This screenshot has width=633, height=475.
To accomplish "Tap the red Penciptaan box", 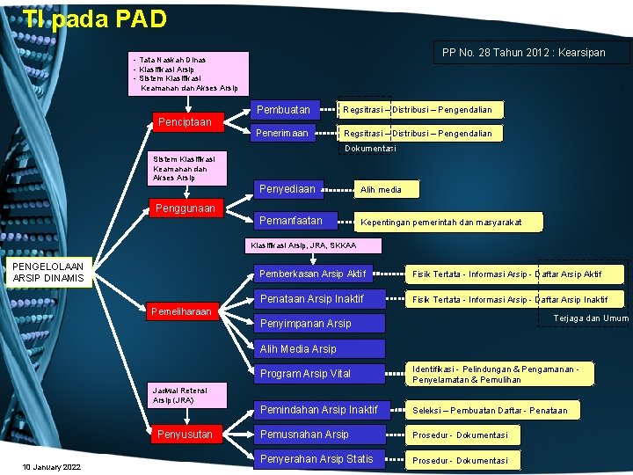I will point(185,121).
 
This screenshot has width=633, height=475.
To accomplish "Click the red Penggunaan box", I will point(185,208).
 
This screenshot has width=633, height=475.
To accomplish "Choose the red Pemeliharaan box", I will point(181,311).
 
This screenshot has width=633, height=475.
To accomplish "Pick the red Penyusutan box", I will point(185,434).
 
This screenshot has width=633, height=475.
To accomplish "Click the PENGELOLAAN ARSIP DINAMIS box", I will point(49,273).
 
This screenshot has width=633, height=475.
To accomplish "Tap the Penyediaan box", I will point(290,188).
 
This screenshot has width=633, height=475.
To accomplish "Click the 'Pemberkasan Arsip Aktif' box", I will point(316,274).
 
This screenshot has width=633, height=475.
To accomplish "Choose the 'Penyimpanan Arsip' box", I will point(309,323).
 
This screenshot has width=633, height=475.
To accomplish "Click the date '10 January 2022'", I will point(52,466).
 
